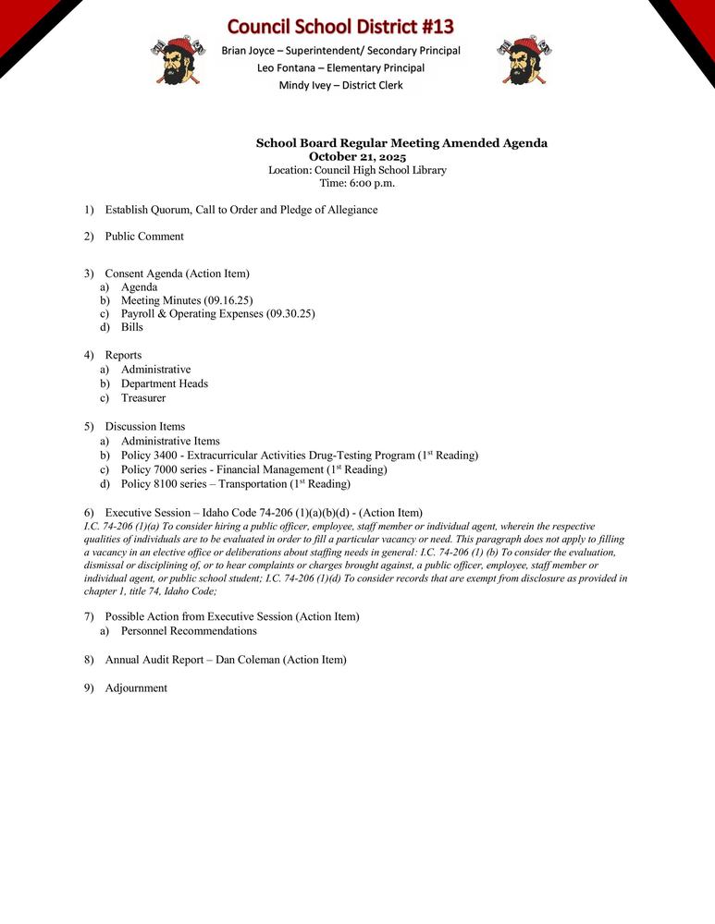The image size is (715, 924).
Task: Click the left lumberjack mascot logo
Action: [172, 61]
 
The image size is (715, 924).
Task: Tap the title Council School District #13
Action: [340, 25]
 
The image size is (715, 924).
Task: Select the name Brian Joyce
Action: [248, 50]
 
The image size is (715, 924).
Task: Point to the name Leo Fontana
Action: [290, 67]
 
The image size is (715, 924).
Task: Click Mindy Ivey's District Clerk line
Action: [340, 85]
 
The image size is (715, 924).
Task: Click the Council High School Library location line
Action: [357, 170]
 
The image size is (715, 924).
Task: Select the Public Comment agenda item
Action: [144, 237]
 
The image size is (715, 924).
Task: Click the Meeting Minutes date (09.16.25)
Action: [228, 300]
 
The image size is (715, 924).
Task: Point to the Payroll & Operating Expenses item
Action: [217, 313]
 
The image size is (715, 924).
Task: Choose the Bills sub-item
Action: [132, 327]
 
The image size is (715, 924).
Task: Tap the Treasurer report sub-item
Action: [143, 398]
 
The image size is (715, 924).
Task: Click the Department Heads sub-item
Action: [165, 383]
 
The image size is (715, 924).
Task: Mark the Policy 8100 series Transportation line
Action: [235, 484]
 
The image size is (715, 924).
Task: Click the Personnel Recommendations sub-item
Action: [189, 631]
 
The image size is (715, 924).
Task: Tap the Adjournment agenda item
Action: [136, 688]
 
